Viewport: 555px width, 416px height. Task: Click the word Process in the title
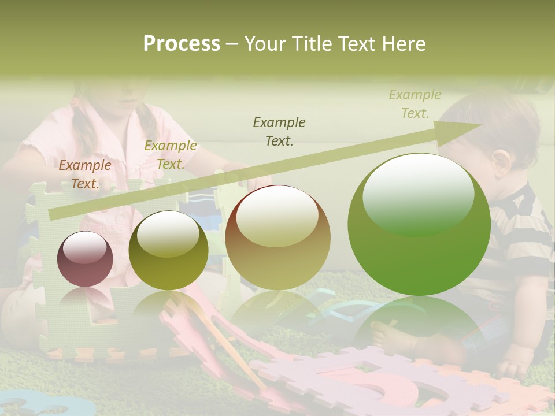click(x=182, y=44)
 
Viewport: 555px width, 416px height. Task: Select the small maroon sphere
click(x=85, y=259)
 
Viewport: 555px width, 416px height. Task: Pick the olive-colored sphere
click(x=168, y=250)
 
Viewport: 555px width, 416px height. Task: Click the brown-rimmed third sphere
click(x=277, y=237)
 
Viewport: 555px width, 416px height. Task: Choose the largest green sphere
click(x=419, y=225)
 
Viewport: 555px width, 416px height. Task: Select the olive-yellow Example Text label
click(x=171, y=155)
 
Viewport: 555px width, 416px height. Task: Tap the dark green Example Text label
click(x=279, y=131)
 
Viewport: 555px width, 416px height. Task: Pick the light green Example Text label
click(x=415, y=104)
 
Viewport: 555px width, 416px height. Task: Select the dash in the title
click(x=232, y=44)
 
